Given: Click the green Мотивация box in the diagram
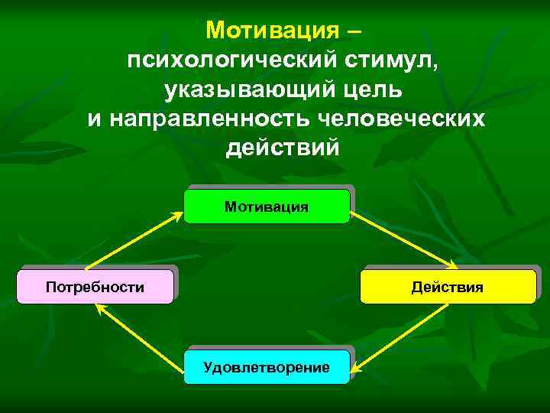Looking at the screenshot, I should (x=267, y=206).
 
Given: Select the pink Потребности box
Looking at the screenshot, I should (x=95, y=287).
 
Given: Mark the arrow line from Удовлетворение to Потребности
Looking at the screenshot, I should (x=141, y=334).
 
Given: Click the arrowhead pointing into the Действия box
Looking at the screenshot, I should (x=451, y=265).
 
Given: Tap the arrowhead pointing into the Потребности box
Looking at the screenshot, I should (x=99, y=307).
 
